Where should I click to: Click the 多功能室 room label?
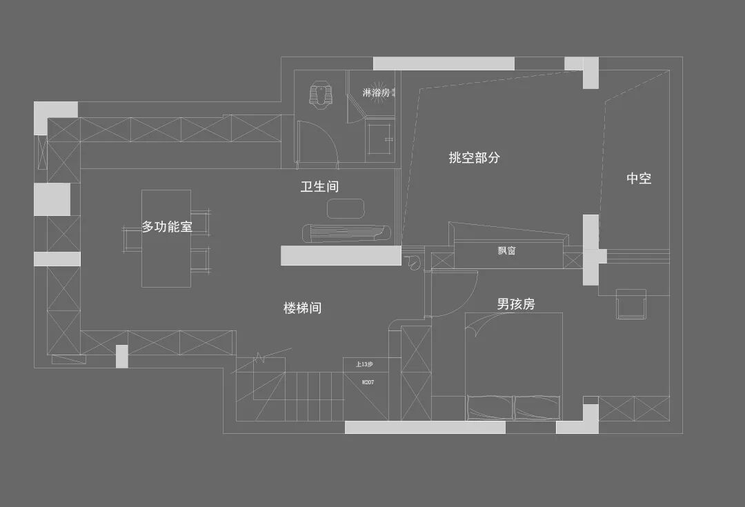(x=167, y=226)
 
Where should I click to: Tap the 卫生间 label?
(x=319, y=187)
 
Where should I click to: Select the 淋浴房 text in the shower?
(x=380, y=92)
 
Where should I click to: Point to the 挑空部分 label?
(x=474, y=158)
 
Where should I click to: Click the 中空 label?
(x=639, y=179)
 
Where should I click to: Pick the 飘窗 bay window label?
(x=507, y=250)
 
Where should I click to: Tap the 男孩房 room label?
(x=516, y=304)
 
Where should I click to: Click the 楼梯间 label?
(x=302, y=308)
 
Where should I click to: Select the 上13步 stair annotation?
(x=364, y=364)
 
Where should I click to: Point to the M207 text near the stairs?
(x=368, y=381)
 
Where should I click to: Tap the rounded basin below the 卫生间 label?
(x=345, y=208)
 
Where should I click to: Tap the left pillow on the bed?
(x=488, y=407)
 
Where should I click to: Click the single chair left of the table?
(x=132, y=238)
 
